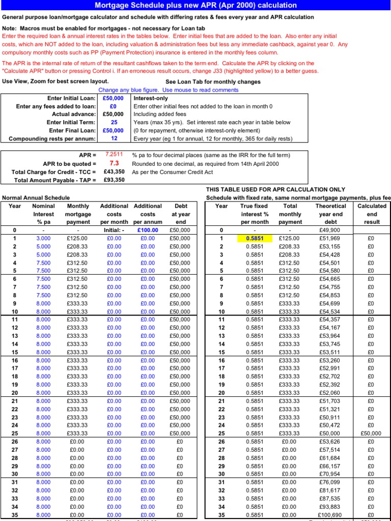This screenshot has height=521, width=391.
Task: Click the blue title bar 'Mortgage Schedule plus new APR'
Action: click(x=195, y=5)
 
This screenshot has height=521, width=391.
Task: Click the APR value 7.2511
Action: click(x=114, y=154)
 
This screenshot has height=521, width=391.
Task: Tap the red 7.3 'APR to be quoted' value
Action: click(x=114, y=163)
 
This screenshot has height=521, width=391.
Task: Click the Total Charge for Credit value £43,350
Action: click(x=114, y=172)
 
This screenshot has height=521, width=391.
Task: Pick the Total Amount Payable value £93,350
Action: click(x=114, y=180)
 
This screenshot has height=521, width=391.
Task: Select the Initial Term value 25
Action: click(x=114, y=123)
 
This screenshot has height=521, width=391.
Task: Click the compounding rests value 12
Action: click(x=114, y=138)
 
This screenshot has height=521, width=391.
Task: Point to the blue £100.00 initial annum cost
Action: click(x=148, y=230)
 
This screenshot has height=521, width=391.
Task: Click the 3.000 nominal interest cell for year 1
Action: click(x=43, y=238)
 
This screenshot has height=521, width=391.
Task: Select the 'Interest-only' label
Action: click(x=151, y=98)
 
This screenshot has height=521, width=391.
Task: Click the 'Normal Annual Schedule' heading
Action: click(x=36, y=197)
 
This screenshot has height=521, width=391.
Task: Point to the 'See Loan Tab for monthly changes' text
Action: click(x=213, y=82)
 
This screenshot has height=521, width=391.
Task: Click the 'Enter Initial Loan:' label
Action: click(x=71, y=98)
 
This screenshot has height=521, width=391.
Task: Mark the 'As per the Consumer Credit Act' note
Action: click(x=172, y=172)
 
